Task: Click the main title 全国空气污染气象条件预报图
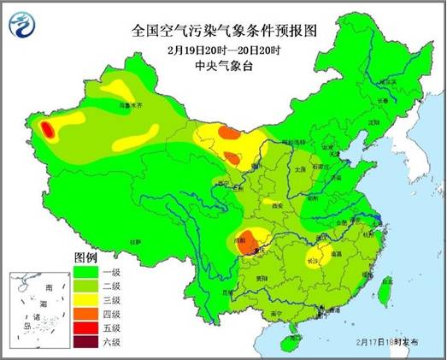(x=224, y=30)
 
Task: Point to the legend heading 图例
(x=86, y=257)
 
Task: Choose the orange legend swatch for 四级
(x=87, y=313)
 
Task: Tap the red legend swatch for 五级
(x=87, y=328)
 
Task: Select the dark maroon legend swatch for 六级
(x=87, y=342)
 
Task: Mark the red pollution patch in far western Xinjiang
(x=48, y=130)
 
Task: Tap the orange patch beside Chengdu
(x=246, y=239)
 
